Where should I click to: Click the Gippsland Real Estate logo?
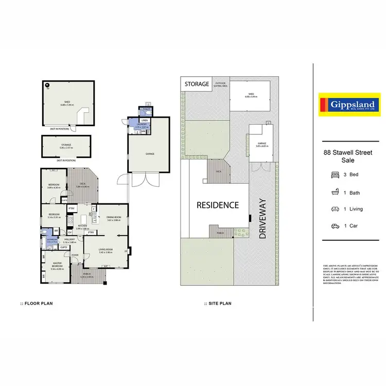coord(349,104)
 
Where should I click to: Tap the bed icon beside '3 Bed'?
coord(335,174)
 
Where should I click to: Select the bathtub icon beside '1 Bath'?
coord(335,192)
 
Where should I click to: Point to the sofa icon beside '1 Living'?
coord(335,209)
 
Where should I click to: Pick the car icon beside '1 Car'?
coord(335,226)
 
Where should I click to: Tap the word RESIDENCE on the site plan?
coord(218,205)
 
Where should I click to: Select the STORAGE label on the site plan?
coord(197,84)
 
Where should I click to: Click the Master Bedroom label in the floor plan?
coord(56,266)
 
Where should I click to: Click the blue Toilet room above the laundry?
coord(147,110)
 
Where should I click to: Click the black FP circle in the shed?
coord(47,85)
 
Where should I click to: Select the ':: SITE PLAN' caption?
coord(218,304)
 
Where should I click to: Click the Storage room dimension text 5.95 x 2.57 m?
coord(66,148)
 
